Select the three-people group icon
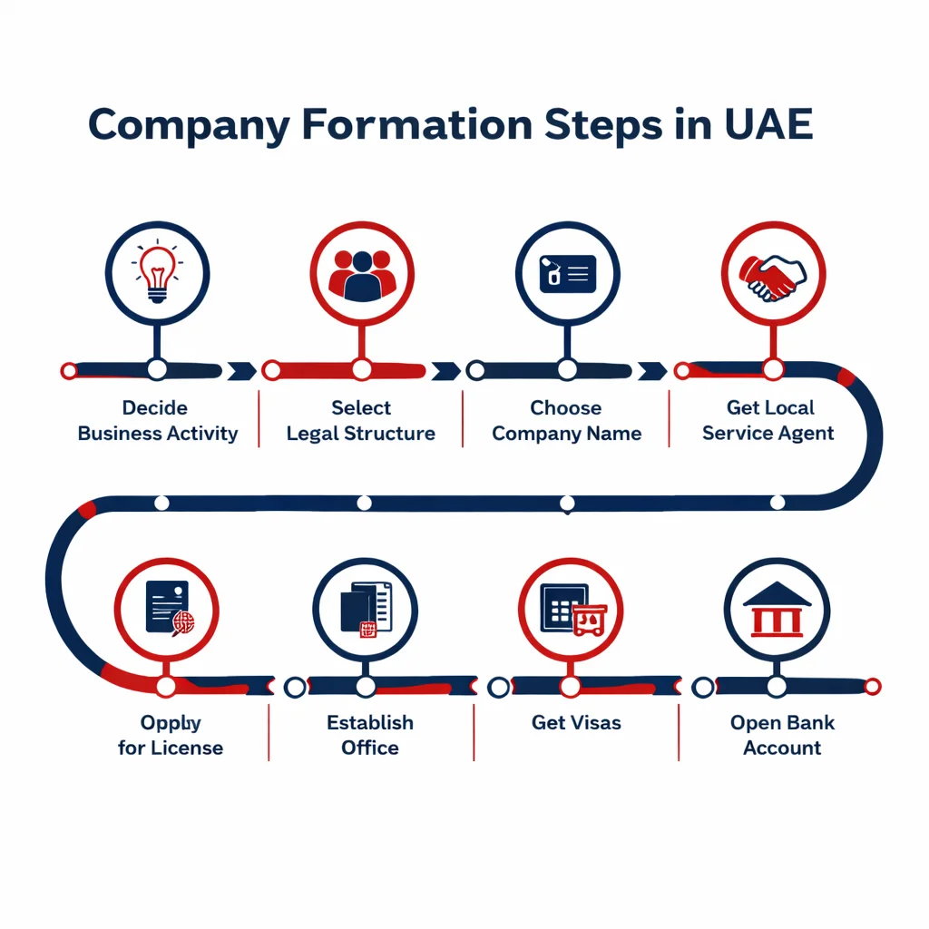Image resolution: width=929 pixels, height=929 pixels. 362,274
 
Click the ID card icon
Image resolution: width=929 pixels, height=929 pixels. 567,273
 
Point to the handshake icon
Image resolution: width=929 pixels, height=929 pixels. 773,275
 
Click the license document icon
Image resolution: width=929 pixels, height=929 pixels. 169,608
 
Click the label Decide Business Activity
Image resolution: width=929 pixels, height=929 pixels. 158,421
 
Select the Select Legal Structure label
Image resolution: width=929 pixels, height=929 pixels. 361,421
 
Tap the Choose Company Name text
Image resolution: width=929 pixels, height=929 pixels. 567,421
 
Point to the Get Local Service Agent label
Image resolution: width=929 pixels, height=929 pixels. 769,421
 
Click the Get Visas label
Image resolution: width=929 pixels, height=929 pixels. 577,723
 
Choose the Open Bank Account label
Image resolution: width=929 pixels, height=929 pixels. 782,736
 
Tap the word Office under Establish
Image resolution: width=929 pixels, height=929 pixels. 370,748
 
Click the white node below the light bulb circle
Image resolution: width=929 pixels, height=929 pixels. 157,369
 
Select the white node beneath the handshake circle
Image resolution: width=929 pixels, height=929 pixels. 773,369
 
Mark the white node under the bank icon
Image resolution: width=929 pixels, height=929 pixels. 777,687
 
